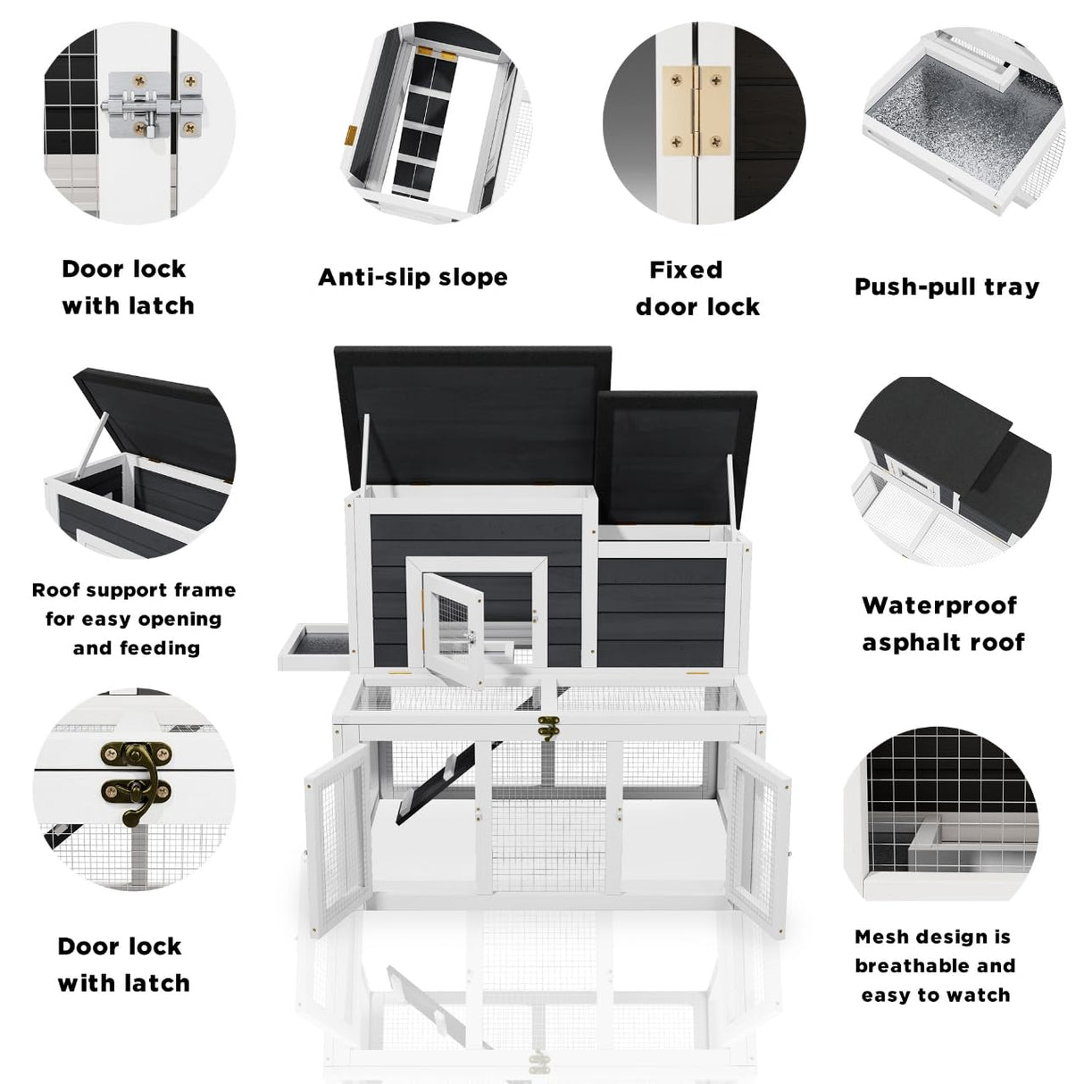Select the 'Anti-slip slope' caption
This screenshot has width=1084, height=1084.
point(413,277)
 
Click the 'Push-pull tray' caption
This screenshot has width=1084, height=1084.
point(946,287)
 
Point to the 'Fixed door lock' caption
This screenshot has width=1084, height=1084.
point(697,288)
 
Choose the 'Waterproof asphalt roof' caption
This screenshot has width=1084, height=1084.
point(942,623)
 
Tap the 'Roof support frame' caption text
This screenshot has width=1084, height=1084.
point(134,590)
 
